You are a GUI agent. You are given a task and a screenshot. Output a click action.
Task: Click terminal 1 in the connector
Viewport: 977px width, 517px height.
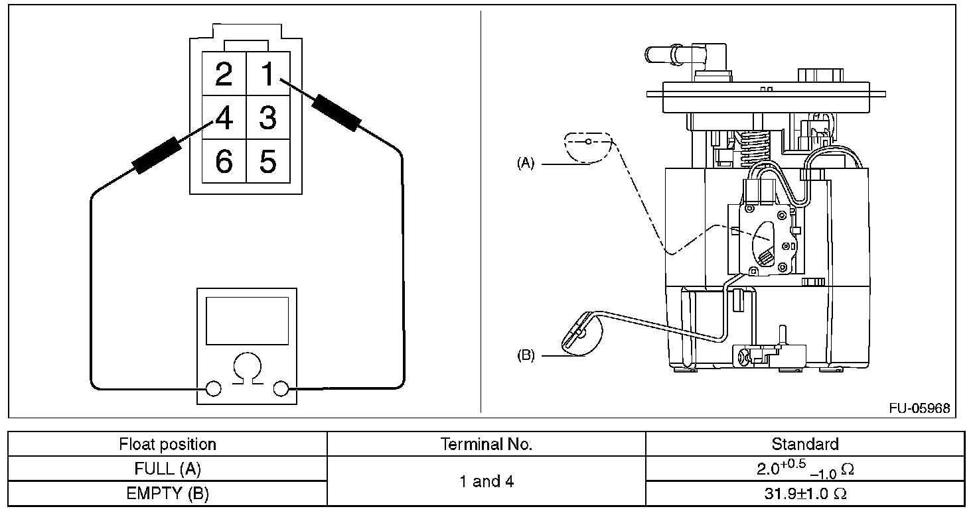click(267, 74)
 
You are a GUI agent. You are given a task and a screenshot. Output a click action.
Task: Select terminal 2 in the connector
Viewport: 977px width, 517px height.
click(224, 74)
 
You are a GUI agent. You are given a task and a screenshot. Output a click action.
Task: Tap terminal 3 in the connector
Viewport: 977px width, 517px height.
click(267, 117)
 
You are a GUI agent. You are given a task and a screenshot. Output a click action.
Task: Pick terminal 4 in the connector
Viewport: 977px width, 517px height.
click(224, 117)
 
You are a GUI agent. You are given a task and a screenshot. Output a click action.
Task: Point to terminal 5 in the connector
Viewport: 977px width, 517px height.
click(267, 161)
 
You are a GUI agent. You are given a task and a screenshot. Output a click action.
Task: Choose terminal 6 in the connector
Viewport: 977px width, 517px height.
click(224, 161)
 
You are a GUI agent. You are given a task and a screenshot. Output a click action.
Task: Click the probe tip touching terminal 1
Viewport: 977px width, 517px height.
click(281, 80)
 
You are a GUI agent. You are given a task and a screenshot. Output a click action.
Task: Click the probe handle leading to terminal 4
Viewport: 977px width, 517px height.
click(157, 155)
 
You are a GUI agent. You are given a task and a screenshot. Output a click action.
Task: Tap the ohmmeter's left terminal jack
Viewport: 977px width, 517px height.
click(213, 388)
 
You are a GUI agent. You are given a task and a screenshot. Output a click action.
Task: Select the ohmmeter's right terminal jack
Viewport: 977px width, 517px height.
click(281, 388)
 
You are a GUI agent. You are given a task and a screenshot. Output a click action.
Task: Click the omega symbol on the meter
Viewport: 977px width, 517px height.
click(248, 369)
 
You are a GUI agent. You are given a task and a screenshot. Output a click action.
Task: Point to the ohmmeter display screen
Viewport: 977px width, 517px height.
click(248, 321)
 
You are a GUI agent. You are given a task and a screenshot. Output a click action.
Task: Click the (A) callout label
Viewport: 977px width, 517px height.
click(526, 163)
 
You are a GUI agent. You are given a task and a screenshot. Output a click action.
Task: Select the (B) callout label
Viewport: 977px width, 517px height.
click(526, 355)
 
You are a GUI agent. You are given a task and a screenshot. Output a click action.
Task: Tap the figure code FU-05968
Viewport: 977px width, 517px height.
click(919, 408)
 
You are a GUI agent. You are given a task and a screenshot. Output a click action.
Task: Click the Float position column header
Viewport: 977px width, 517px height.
click(167, 444)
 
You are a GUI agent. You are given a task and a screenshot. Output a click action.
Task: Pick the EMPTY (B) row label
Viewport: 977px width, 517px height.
click(167, 494)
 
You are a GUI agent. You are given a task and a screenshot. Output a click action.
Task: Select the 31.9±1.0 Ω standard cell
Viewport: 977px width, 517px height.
click(805, 494)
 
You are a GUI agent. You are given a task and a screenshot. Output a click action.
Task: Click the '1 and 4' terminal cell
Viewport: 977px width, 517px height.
click(487, 481)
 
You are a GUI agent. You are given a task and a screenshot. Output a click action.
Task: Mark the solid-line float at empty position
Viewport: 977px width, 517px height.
click(582, 335)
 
